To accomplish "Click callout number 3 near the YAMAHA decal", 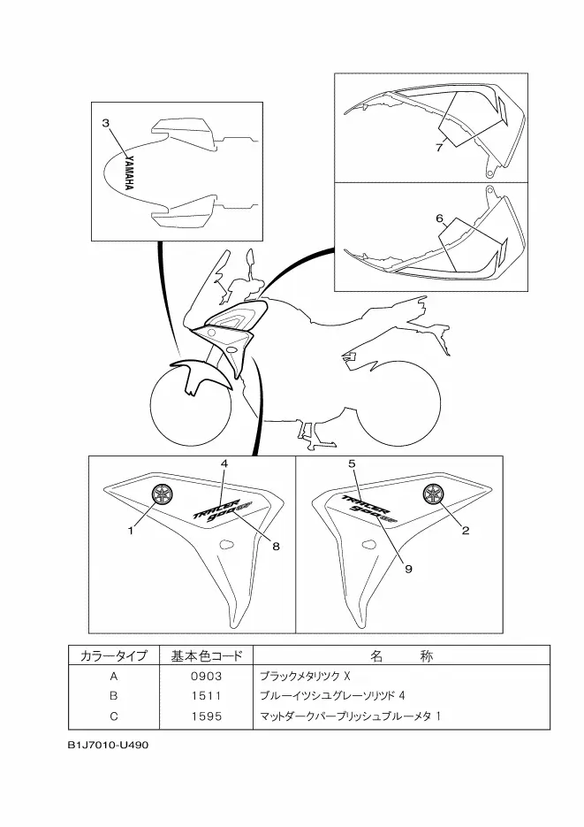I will (106, 124).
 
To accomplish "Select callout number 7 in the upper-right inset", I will (439, 148).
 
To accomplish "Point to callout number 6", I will (439, 218).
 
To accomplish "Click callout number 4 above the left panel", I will (224, 463).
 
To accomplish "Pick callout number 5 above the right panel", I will (352, 463).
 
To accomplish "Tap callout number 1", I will (130, 531).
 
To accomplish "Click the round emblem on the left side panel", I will (162, 494).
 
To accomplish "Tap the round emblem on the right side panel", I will (433, 494).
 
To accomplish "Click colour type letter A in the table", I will (113, 676).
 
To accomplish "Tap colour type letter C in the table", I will (113, 714).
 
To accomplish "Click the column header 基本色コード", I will (205, 656).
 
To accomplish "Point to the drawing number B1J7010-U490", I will (107, 744).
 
